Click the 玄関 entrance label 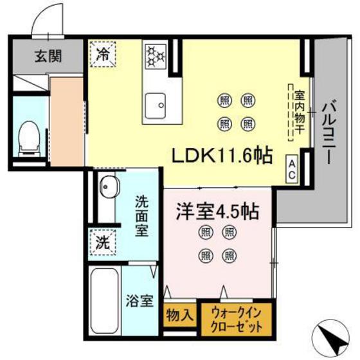point(48,57)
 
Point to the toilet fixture point(28,137)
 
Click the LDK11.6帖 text point(220,155)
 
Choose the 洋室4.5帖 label point(217,212)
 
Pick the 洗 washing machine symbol point(102,243)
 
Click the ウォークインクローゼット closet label point(237,318)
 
